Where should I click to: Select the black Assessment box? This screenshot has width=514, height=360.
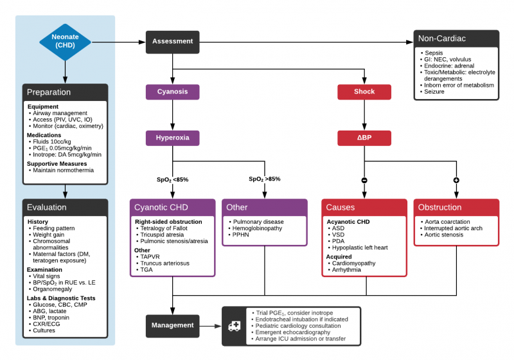pos(172,42)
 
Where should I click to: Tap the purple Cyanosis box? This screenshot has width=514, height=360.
pos(172,91)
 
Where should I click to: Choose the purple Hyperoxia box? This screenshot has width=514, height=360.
pos(172,138)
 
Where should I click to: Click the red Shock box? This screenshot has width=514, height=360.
pos(364,91)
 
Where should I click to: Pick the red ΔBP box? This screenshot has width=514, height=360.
pos(364,138)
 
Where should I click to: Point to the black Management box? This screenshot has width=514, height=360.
pos(172,325)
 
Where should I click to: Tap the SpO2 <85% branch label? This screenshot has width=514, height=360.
pos(172,179)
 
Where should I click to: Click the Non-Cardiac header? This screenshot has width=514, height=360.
pos(441,39)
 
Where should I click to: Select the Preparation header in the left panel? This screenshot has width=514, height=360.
pos(49,92)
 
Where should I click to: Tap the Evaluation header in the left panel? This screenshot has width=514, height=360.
pos(47,207)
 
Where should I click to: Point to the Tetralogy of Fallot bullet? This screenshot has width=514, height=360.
pos(164,228)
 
